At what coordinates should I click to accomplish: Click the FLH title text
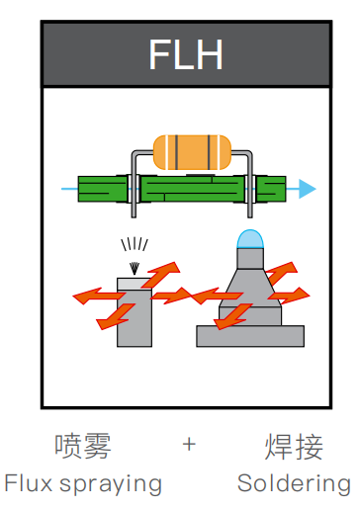click(186, 54)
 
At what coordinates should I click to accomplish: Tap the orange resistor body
click(192, 152)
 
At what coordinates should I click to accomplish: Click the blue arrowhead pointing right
click(308, 189)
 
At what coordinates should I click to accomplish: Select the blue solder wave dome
click(250, 239)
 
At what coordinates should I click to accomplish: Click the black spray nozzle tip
click(135, 268)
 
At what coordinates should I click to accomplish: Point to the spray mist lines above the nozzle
click(135, 244)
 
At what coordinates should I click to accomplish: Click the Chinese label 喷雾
click(83, 447)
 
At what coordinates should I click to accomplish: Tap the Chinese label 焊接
click(294, 447)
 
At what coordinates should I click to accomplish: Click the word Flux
click(29, 483)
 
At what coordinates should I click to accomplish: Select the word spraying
click(111, 485)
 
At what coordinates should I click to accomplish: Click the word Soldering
click(294, 484)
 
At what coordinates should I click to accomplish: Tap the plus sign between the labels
click(189, 445)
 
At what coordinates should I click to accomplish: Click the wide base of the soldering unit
click(250, 336)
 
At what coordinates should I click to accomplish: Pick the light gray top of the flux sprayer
click(135, 284)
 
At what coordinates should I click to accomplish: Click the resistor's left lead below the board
click(134, 210)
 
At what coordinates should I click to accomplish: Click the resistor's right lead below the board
click(250, 210)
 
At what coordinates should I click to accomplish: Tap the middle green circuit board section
click(192, 189)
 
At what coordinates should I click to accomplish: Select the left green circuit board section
click(103, 189)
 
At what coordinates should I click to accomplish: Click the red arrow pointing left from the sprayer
click(98, 296)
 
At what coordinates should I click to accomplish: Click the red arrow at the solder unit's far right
click(290, 295)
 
